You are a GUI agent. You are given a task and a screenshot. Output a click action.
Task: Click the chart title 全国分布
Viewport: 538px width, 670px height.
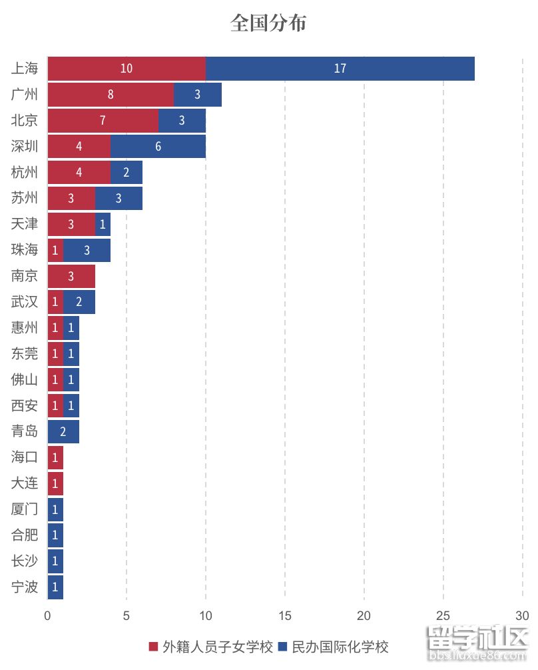tap(268, 23)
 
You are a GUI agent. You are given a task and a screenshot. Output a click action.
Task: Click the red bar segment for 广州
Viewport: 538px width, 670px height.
tap(111, 95)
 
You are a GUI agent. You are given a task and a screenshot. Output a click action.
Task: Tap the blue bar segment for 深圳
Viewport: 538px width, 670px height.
tap(158, 147)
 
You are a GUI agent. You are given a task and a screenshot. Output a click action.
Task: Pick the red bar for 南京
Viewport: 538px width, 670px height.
tap(71, 276)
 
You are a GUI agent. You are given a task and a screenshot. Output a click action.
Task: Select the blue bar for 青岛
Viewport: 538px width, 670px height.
tap(63, 431)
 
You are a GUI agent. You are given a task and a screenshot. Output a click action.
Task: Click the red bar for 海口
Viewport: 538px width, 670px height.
tap(55, 457)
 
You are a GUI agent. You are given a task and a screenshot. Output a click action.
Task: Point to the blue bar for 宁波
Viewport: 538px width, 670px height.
tap(55, 587)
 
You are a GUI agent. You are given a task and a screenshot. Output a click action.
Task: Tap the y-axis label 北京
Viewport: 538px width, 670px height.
tap(25, 121)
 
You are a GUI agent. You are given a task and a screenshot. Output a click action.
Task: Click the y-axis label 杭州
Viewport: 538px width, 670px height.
tap(25, 173)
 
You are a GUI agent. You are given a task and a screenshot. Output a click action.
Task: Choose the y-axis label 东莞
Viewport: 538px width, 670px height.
tap(25, 354)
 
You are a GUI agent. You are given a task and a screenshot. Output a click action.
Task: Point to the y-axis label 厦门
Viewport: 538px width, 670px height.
tap(25, 509)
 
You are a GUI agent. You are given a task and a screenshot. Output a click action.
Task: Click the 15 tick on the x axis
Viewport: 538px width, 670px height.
tap(285, 615)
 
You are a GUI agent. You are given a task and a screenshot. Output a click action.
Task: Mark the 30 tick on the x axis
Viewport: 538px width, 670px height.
tap(522, 615)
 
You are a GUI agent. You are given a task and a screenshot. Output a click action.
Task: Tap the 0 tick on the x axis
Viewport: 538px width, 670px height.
tap(47, 615)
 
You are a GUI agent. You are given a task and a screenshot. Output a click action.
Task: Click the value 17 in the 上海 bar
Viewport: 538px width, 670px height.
tap(340, 69)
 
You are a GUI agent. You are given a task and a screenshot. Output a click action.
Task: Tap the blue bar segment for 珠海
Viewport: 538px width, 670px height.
tap(87, 250)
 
